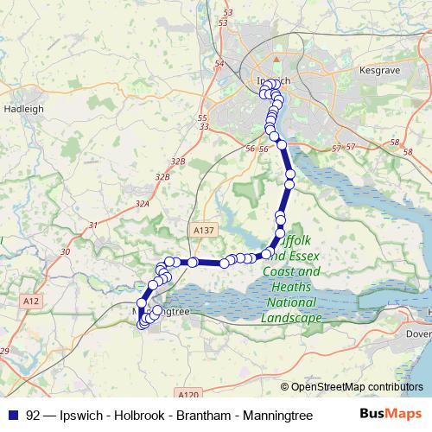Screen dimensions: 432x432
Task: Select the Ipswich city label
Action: pyautogui.click(x=270, y=79)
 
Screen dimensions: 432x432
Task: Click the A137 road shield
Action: pyautogui.click(x=203, y=231)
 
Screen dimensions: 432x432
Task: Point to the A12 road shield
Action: pyautogui.click(x=31, y=301)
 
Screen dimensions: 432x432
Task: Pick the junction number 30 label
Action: pyautogui.click(x=65, y=252)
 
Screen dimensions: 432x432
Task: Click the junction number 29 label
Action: pyautogui.click(x=3, y=351)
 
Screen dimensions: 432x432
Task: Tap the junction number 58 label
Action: pyautogui.click(x=394, y=143)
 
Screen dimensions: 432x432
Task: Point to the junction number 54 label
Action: pyautogui.click(x=219, y=64)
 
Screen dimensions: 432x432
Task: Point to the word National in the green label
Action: pyautogui.click(x=290, y=303)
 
